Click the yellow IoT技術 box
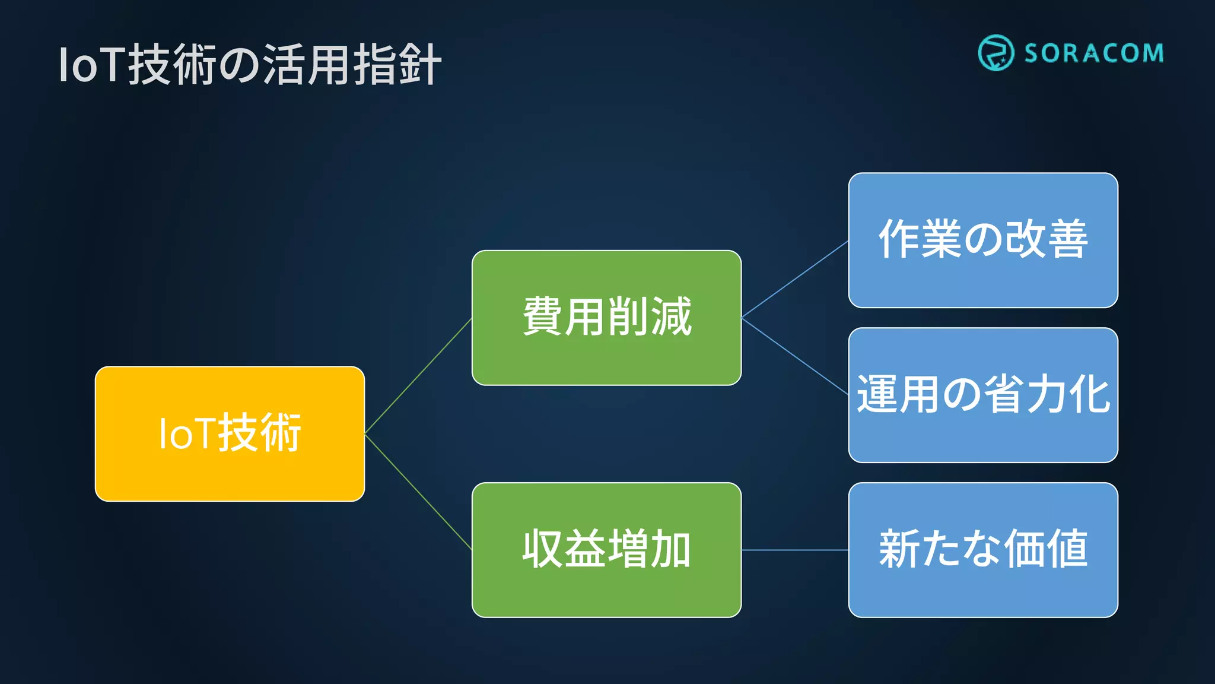[x=230, y=433]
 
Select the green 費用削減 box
[x=606, y=318]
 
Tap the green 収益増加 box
[x=606, y=550]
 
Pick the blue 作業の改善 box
[x=983, y=240]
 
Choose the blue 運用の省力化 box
[x=983, y=395]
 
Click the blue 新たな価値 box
[x=983, y=550]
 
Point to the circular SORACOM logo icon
[x=995, y=53]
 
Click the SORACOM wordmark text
[x=1093, y=53]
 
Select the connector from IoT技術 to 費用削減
[x=418, y=376]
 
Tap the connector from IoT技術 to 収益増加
[x=418, y=492]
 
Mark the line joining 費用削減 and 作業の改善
[x=795, y=279]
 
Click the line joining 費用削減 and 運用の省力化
[x=795, y=356]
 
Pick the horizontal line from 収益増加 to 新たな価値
[x=795, y=550]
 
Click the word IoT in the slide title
[x=92, y=65]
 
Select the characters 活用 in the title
[x=307, y=65]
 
